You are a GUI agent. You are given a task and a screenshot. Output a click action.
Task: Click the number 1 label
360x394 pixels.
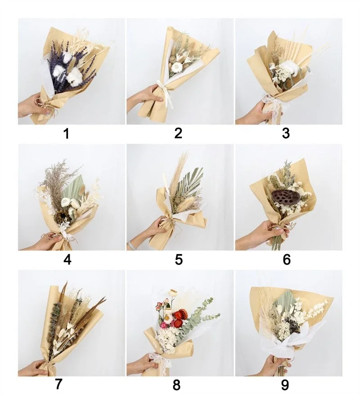point(66,134)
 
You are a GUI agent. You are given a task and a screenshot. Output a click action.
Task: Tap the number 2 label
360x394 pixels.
point(178,133)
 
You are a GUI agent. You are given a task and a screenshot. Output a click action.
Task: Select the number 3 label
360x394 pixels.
point(286,133)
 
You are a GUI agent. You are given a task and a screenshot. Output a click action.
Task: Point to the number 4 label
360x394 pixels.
point(67,260)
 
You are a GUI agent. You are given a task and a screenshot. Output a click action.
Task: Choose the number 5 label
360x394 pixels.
point(179,260)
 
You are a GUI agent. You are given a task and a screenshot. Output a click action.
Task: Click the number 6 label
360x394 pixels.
point(287,260)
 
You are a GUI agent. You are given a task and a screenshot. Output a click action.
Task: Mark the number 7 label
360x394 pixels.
point(58,384)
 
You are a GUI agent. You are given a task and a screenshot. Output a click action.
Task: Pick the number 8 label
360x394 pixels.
point(176,385)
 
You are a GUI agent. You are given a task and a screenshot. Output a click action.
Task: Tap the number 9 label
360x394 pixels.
point(285,385)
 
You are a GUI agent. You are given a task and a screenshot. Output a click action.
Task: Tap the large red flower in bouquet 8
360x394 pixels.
point(179,314)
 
